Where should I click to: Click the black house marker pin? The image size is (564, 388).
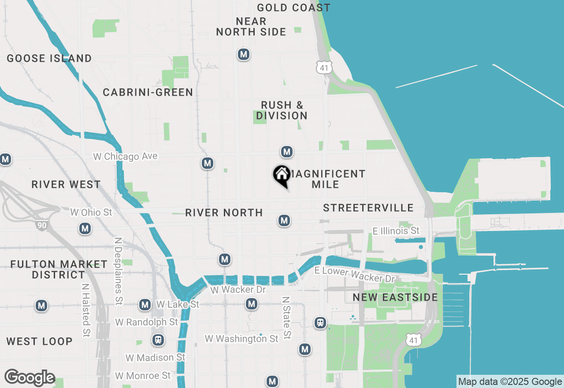282,175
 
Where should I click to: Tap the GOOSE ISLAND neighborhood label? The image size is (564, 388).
49,58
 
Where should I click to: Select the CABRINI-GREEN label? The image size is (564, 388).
148,92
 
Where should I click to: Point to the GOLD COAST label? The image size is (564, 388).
293,7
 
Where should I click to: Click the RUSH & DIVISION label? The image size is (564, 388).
282,110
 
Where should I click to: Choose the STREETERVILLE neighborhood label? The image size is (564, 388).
368,208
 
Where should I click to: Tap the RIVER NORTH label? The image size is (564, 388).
224,213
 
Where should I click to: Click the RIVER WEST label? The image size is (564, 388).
66,184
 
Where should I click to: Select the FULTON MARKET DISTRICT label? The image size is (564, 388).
59,269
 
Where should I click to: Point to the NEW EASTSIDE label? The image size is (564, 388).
395,297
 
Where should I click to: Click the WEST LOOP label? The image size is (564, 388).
39,341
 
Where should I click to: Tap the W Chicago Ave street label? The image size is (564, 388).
125,157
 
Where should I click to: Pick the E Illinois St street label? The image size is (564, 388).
396,231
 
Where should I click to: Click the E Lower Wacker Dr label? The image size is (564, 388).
355,274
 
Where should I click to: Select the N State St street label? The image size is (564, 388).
286,317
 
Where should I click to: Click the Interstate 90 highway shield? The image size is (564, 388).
42,225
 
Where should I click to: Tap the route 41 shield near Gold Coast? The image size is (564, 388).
324,67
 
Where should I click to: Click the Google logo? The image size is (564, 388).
30,377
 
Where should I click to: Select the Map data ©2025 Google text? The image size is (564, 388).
509,382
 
